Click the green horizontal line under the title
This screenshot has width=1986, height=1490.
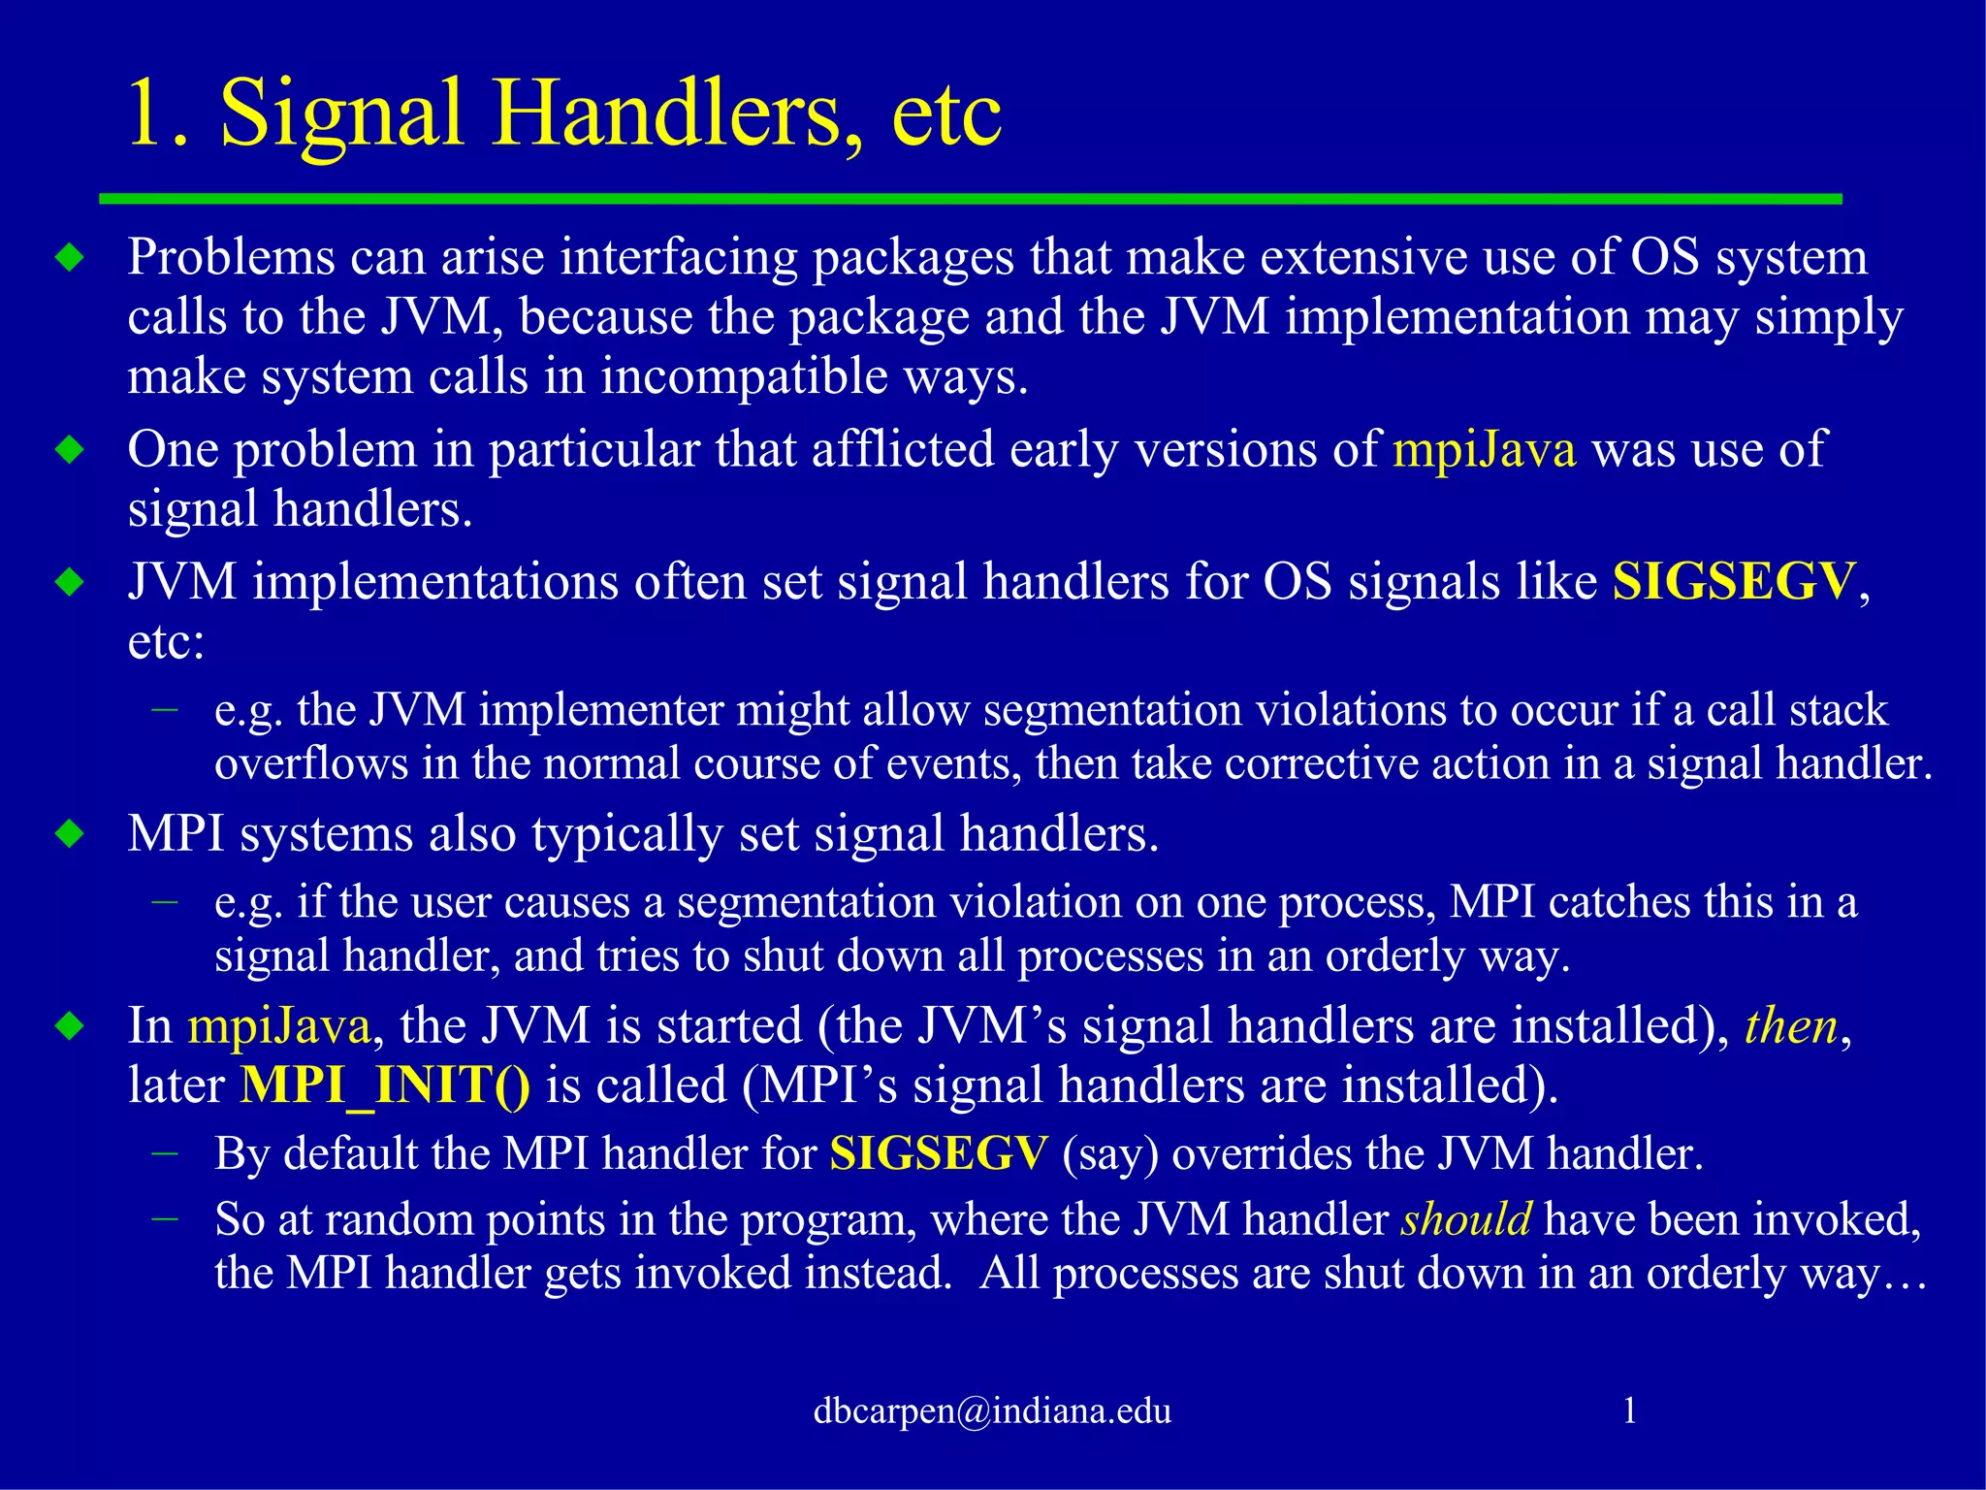point(970,199)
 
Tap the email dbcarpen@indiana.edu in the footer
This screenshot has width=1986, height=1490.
point(992,1410)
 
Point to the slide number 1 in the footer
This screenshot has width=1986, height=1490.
point(1629,1410)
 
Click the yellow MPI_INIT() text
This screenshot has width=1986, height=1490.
point(385,1085)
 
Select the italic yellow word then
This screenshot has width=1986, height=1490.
point(1790,1026)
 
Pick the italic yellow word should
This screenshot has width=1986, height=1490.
point(1466,1219)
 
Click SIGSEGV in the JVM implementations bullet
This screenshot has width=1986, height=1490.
point(1734,582)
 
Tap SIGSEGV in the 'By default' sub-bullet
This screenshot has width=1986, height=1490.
point(939,1154)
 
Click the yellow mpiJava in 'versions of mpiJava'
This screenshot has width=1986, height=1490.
point(1484,450)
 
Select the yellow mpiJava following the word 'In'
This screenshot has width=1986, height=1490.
point(279,1026)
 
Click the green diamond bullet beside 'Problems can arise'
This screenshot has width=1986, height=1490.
point(71,258)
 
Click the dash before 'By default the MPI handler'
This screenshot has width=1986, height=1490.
point(166,1152)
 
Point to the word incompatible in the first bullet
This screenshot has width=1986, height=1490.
point(744,376)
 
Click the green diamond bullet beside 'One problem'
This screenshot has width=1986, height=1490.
point(71,450)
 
